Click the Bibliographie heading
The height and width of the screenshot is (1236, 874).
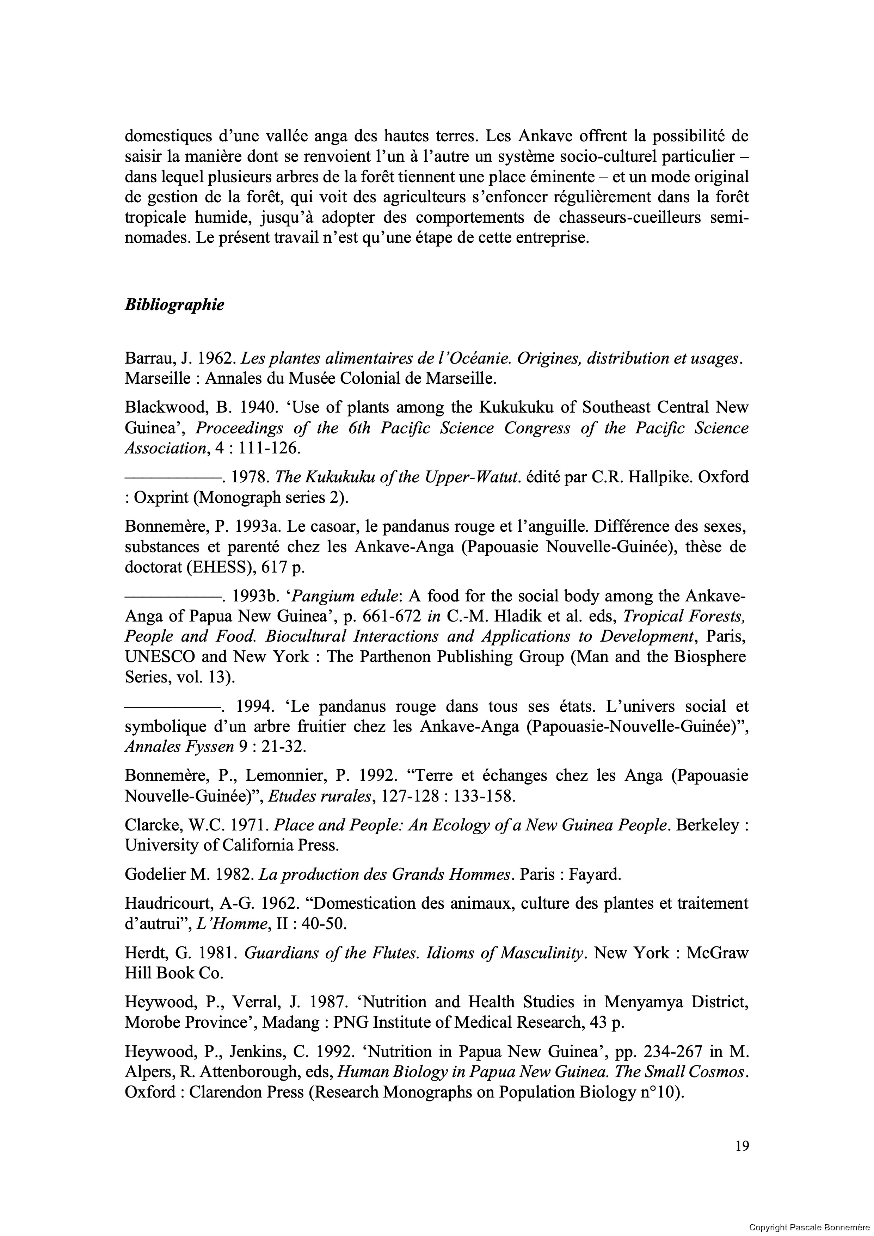[x=174, y=305]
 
